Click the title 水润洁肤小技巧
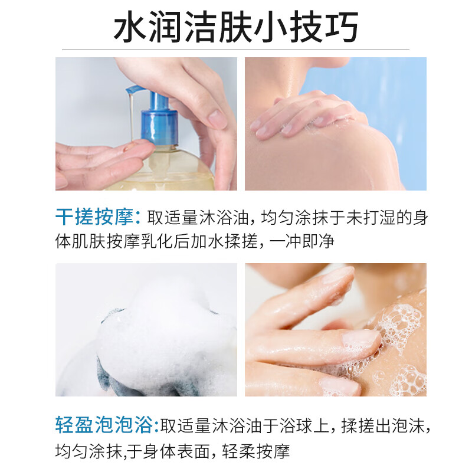(x=236, y=28)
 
